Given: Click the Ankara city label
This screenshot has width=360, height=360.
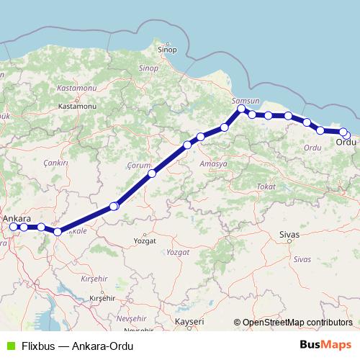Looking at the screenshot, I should tap(17, 217).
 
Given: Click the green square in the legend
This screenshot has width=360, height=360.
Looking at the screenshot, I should tap(9, 345).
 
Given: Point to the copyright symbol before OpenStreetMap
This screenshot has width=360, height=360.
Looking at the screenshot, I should tap(238, 323).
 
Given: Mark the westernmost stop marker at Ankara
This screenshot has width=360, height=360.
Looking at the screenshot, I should tap(13, 227).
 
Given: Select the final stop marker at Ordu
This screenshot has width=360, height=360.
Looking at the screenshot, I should tap(346, 135).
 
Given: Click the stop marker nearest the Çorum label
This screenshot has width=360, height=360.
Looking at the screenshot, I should tap(152, 174).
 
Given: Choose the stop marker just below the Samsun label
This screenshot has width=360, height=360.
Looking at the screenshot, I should tap(242, 110).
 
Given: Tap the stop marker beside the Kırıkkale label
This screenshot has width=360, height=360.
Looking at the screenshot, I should tap(58, 232).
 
